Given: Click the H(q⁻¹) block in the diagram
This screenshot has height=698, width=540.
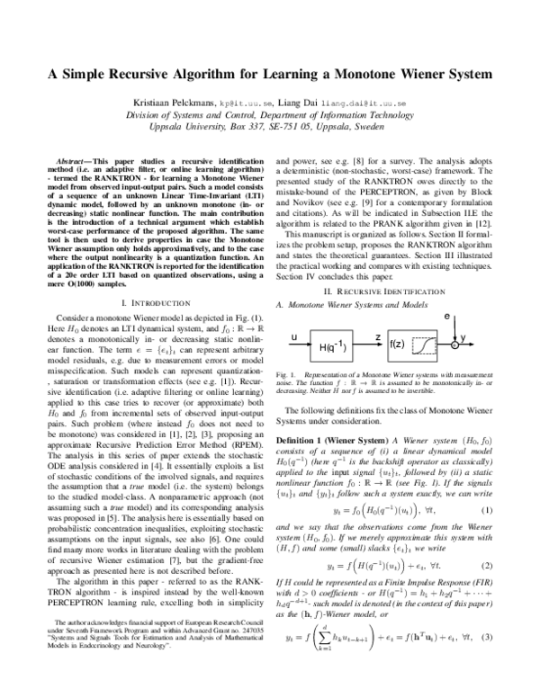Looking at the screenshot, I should click(339, 346).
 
